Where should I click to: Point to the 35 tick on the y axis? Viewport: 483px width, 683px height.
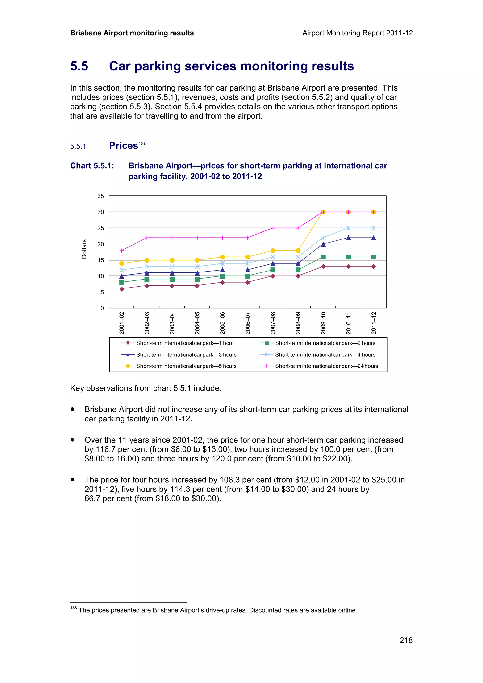(x=101, y=196)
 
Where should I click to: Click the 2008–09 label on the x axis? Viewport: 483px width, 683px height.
(x=298, y=323)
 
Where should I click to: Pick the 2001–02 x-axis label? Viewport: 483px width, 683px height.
(x=121, y=323)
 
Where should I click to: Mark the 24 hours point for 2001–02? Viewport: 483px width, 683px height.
(x=121, y=251)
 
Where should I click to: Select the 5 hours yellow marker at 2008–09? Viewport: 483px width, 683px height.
(x=298, y=251)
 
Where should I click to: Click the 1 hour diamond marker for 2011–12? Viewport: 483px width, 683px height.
(x=374, y=267)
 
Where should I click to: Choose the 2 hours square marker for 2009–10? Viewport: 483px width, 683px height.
(x=323, y=257)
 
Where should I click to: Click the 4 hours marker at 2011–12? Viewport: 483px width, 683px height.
(x=374, y=228)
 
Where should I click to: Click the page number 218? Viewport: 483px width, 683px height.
(x=406, y=640)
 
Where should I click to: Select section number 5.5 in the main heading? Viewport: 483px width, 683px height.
(x=79, y=66)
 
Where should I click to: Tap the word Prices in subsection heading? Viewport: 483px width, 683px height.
(x=123, y=146)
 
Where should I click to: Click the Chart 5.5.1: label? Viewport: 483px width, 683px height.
(x=92, y=166)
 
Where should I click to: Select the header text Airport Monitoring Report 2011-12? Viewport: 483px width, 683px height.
(x=357, y=33)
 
